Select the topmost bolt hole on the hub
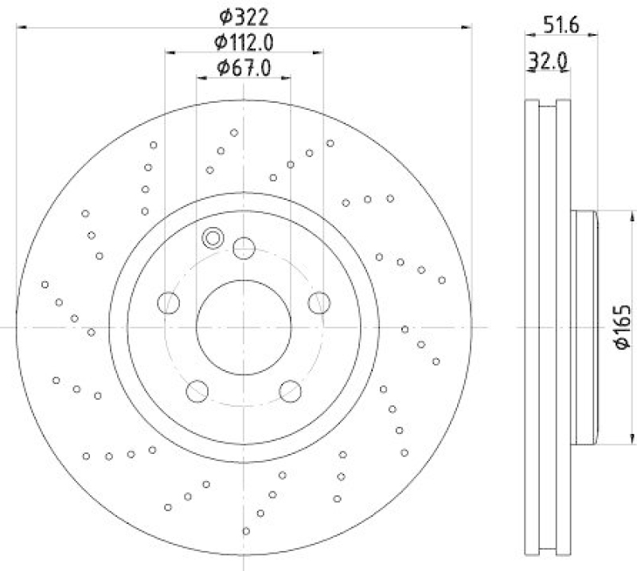244,248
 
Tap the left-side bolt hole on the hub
169,302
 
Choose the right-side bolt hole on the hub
318,302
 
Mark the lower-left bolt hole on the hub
197,390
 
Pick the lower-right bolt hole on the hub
290,390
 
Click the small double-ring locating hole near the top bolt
213,237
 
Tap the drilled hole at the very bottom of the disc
246,530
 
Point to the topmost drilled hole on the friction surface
233,132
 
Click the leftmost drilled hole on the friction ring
45,284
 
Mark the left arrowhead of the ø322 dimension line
21,28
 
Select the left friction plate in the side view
532,327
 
